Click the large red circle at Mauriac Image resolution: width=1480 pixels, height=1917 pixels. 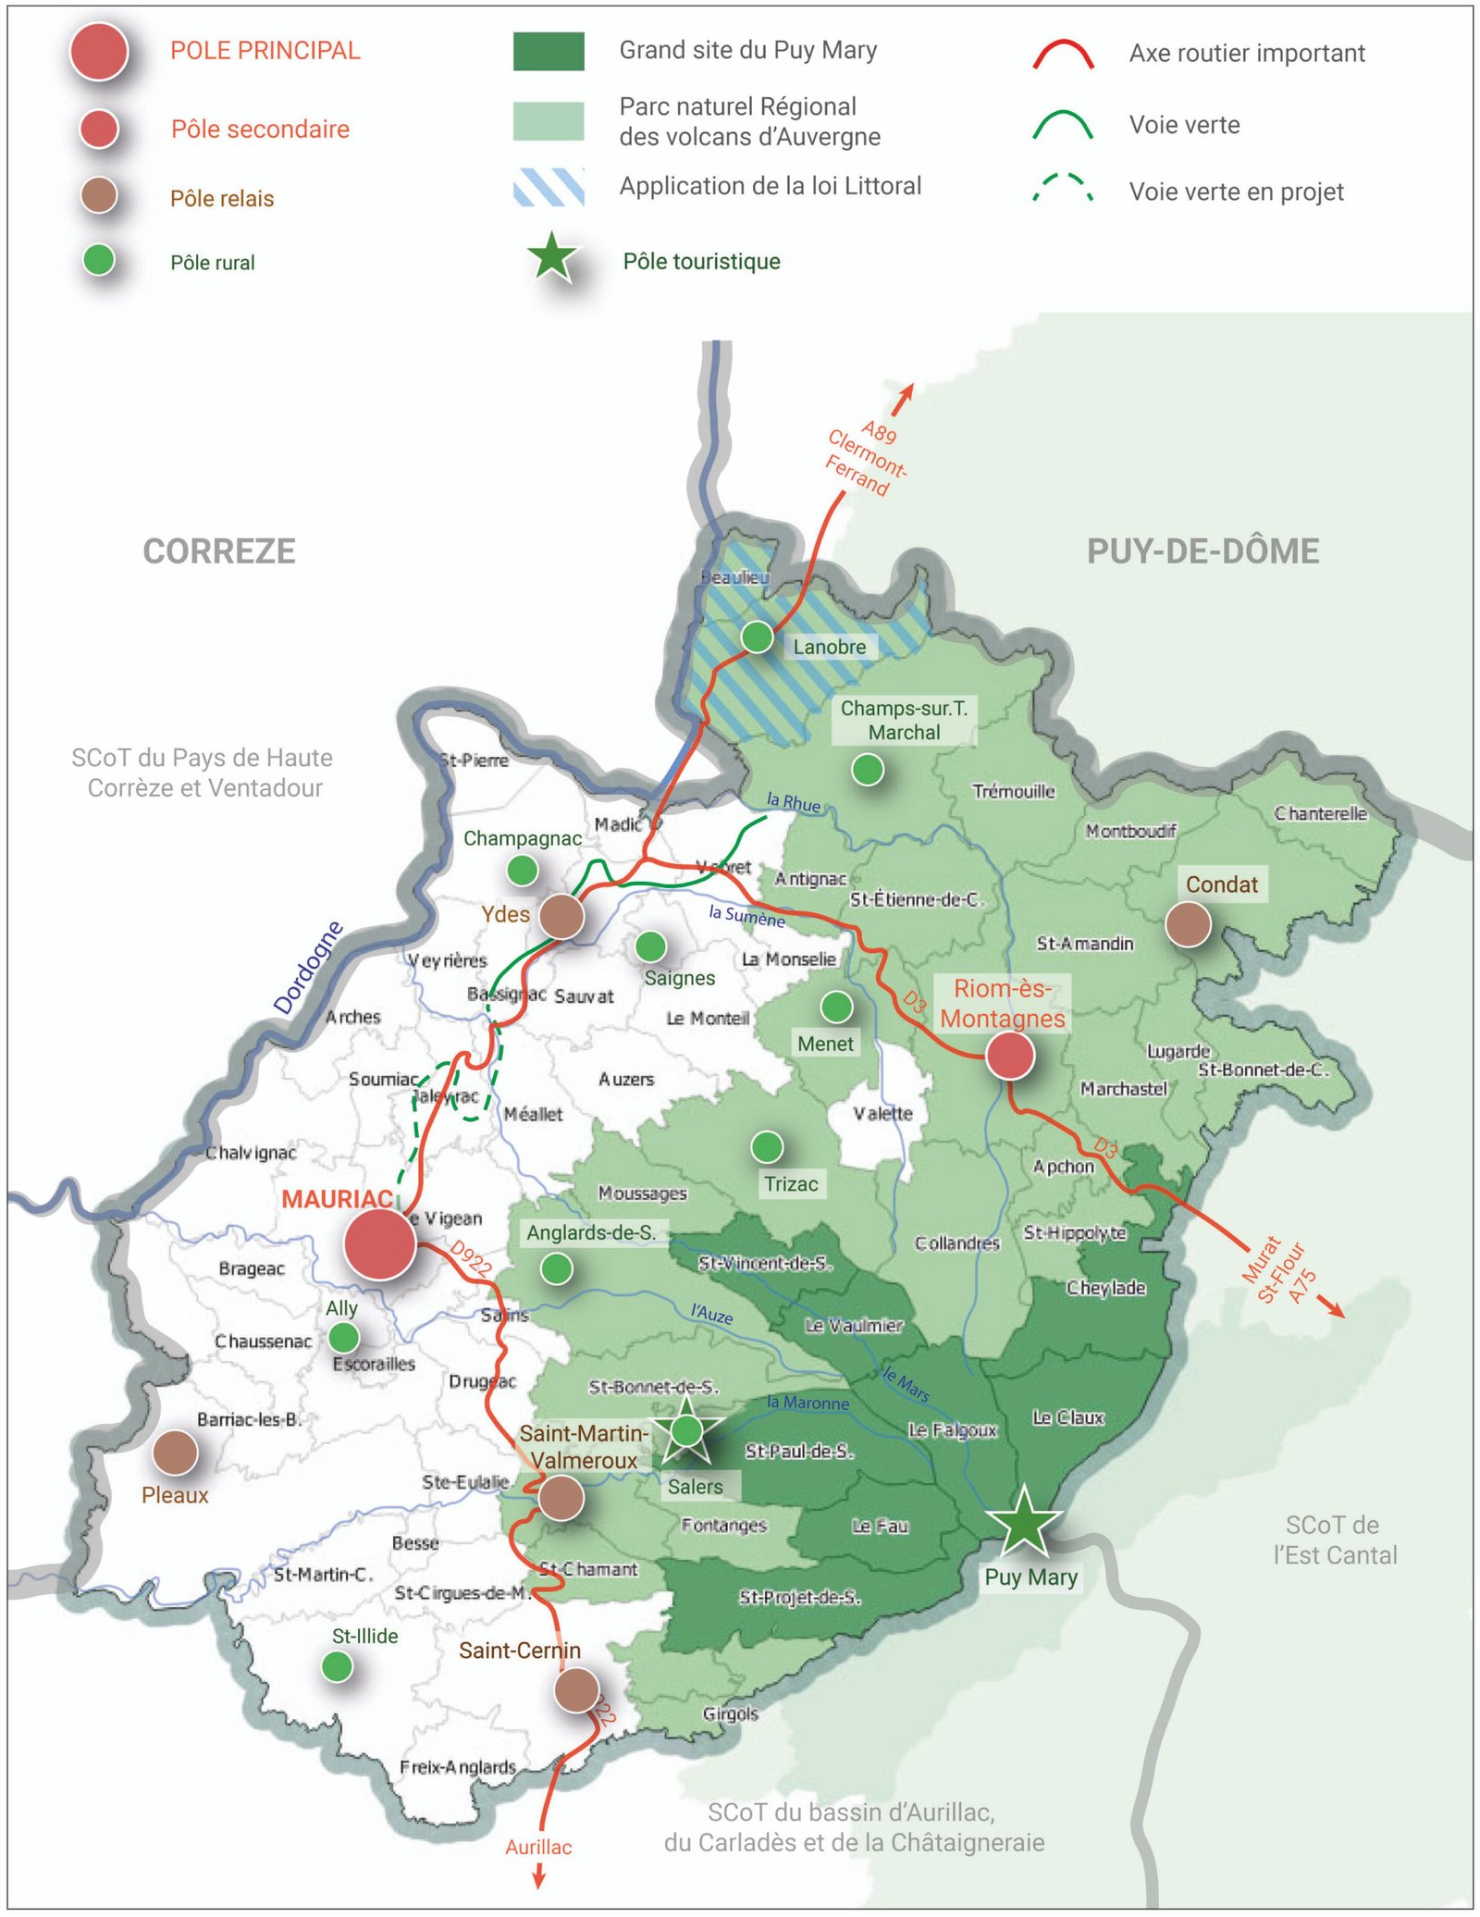click(x=379, y=1244)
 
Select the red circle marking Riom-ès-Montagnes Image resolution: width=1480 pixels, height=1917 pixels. click(x=1009, y=1055)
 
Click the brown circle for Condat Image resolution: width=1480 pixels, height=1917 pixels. click(x=1188, y=923)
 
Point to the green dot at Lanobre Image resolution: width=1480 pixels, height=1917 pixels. click(x=757, y=637)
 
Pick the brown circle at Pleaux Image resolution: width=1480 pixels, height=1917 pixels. click(x=175, y=1452)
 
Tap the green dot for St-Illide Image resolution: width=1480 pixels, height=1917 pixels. click(x=337, y=1666)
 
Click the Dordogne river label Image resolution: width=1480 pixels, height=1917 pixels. click(x=308, y=968)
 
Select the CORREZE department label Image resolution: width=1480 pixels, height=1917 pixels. click(x=219, y=551)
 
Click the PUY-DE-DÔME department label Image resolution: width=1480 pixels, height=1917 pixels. click(x=1202, y=551)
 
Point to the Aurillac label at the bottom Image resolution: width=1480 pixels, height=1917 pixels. click(x=538, y=1847)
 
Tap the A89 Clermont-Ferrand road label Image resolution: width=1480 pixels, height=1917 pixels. click(x=866, y=459)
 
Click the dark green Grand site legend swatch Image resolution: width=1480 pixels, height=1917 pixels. click(x=549, y=51)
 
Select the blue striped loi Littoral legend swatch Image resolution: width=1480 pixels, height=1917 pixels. click(x=549, y=187)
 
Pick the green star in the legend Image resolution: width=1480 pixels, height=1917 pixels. click(x=552, y=258)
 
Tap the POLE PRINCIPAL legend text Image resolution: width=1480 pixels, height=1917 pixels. click(x=265, y=51)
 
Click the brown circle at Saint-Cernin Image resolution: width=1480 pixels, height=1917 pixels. click(x=576, y=1689)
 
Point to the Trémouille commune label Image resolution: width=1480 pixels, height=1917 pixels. click(x=1013, y=791)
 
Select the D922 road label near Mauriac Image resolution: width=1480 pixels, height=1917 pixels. click(x=471, y=1259)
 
